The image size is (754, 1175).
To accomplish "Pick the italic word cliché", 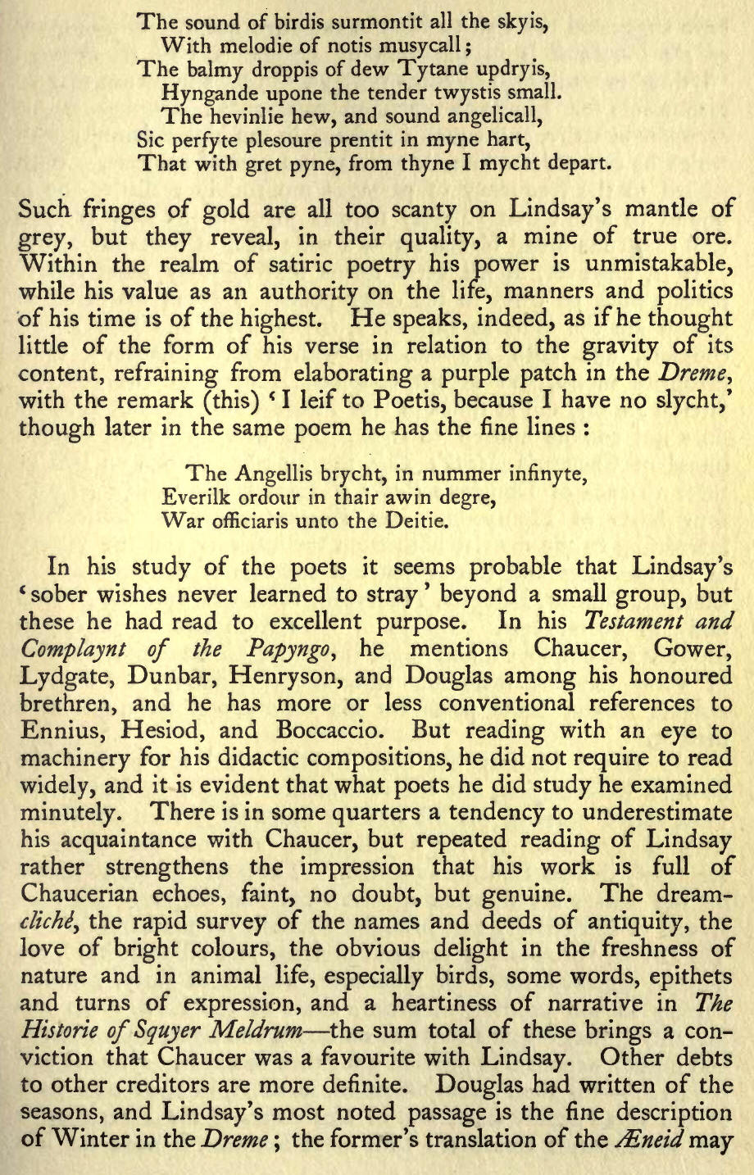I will coord(50,922).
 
